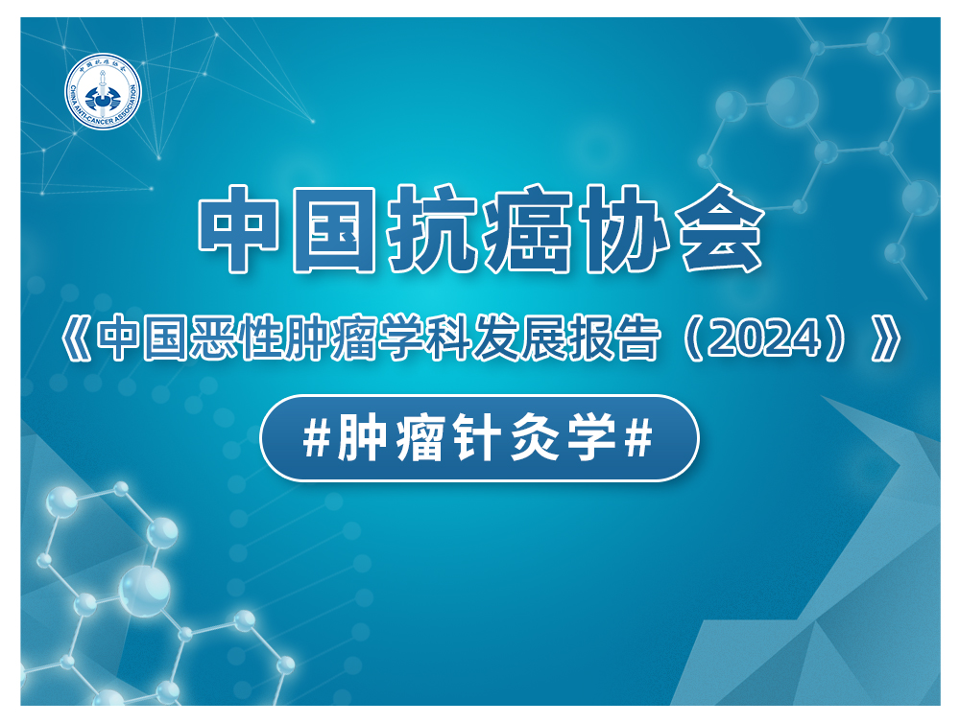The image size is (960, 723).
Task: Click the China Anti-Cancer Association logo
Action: click(x=104, y=91)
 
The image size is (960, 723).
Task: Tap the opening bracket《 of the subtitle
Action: click(x=75, y=338)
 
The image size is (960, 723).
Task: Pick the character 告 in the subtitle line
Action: click(x=637, y=338)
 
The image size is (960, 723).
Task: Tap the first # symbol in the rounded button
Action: click(x=316, y=438)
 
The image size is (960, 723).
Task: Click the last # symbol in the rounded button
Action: click(x=638, y=438)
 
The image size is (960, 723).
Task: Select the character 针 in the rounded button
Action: click(x=477, y=438)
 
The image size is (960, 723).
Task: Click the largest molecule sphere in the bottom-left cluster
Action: click(x=145, y=591)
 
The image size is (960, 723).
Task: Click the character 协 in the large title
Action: click(x=624, y=228)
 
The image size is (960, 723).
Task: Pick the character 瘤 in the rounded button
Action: click(x=420, y=438)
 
